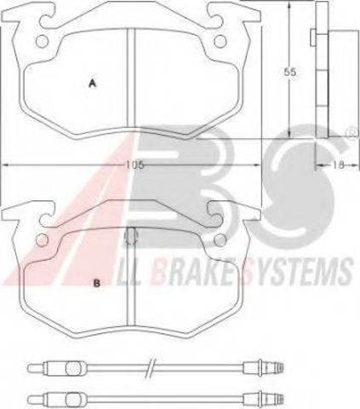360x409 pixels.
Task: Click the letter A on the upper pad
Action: tap(92, 84)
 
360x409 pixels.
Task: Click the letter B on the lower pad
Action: tap(96, 283)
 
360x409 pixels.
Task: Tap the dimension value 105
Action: tap(135, 165)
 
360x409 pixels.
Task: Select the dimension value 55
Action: tap(290, 72)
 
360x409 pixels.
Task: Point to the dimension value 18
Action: tap(338, 164)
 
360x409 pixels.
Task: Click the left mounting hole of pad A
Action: tap(42, 42)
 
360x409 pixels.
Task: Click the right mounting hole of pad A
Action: tap(220, 42)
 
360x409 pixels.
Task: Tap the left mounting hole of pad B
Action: tap(42, 240)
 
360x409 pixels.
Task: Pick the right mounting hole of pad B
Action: tap(220, 240)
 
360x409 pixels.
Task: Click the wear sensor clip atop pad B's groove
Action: tap(131, 236)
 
